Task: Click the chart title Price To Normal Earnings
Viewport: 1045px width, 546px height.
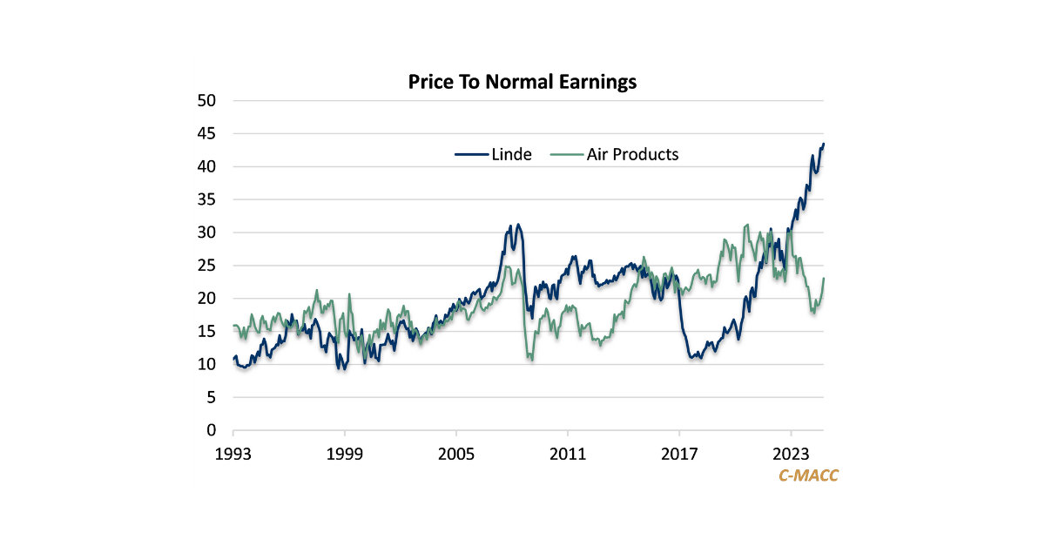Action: point(522,83)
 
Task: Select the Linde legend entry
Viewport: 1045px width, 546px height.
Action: point(493,154)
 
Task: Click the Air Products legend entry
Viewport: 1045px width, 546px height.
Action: point(615,154)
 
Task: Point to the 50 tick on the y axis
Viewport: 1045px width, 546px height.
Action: point(206,101)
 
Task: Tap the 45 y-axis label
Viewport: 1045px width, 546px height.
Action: point(206,134)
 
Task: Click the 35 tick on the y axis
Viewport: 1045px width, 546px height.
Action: point(206,199)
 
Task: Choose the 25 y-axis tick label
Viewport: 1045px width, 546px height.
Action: point(206,266)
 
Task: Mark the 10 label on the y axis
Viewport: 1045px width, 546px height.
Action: point(206,364)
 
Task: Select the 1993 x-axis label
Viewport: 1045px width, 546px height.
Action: point(233,454)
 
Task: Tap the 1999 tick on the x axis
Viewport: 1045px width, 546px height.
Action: point(345,454)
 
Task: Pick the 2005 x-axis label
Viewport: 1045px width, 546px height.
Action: point(456,454)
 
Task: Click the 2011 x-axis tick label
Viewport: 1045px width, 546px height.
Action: point(568,454)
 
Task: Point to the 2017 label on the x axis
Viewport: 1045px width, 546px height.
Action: point(679,454)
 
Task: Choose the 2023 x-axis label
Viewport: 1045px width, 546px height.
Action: point(791,454)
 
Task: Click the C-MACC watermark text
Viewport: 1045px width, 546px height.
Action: point(807,475)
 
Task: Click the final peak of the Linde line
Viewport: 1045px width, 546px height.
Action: point(824,144)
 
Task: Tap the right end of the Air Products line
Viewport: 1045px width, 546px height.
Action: point(824,279)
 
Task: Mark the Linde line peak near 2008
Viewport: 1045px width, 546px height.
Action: point(518,225)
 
